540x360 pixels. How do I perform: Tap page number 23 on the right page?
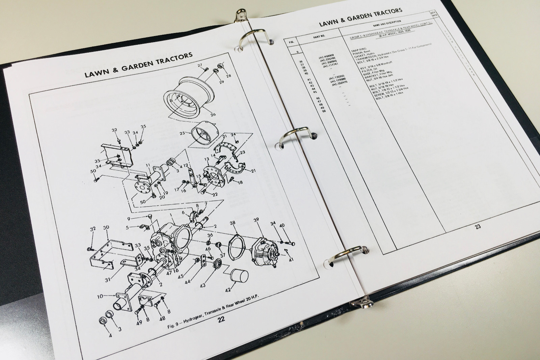click(478, 226)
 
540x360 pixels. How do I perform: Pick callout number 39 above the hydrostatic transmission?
click(256, 220)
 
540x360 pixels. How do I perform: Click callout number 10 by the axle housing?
click(100, 297)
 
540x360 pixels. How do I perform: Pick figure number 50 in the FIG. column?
click(324, 111)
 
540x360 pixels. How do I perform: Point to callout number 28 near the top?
click(229, 76)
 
